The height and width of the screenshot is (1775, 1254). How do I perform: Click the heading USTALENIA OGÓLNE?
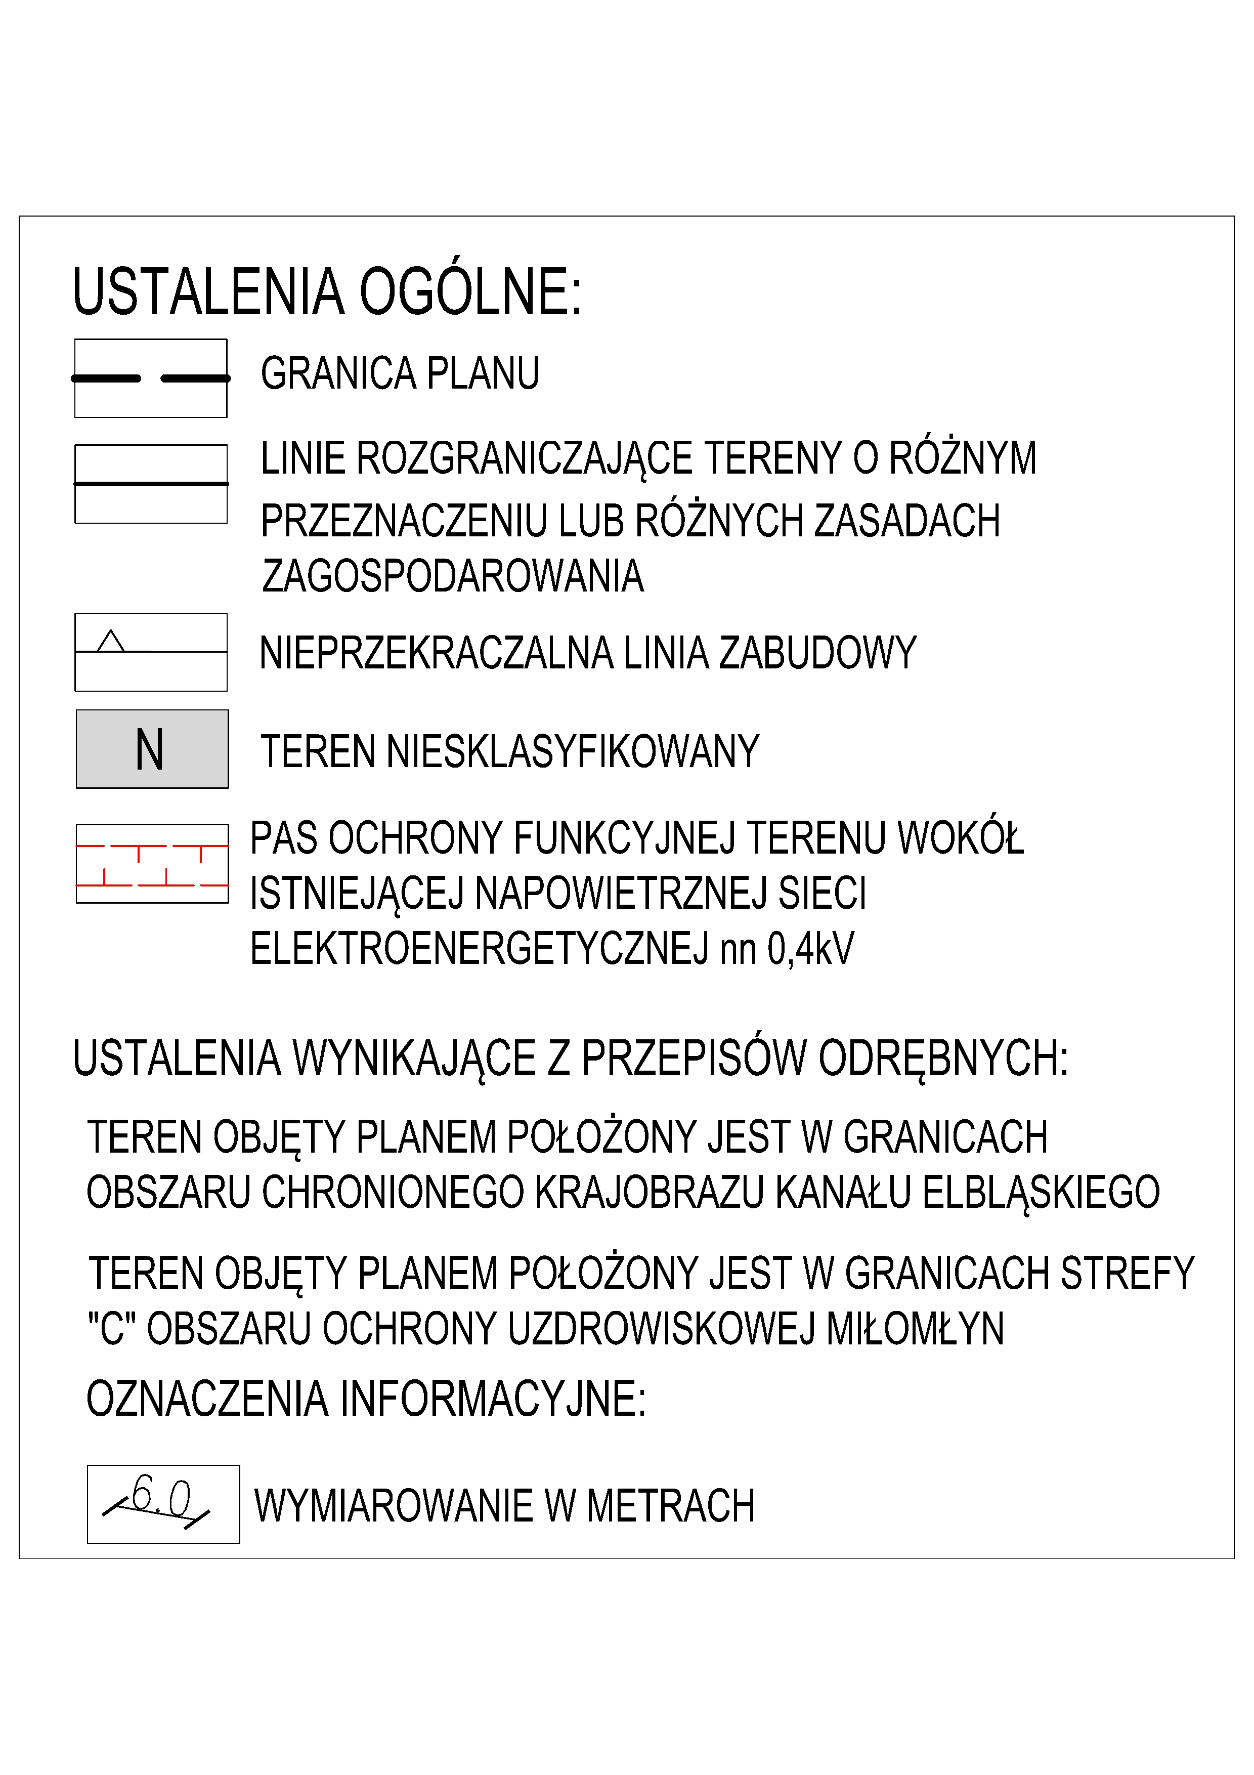327,292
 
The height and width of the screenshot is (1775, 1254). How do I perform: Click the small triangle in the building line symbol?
111,642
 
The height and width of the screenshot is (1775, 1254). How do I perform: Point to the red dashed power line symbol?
152,864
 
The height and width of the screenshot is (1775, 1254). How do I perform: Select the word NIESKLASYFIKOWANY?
573,751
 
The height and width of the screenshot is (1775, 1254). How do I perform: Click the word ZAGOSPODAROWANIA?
453,577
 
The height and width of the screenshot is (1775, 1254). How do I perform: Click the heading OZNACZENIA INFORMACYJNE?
365,1399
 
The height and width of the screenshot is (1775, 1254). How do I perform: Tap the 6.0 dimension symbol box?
163,1504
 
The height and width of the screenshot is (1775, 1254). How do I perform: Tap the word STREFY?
1128,1273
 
